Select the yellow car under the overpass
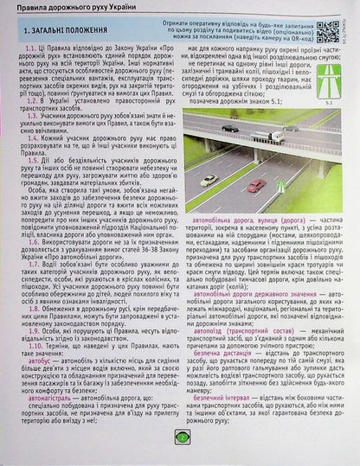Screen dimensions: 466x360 [209, 179]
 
